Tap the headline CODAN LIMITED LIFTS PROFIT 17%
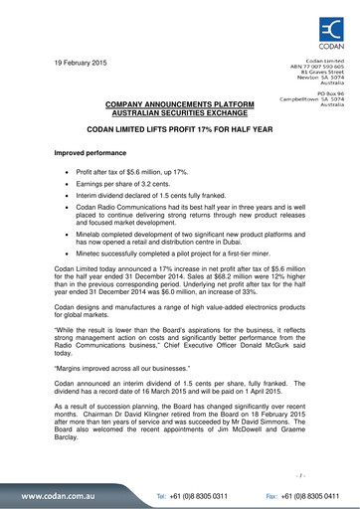[x=180, y=130]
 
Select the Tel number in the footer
[x=199, y=495]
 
